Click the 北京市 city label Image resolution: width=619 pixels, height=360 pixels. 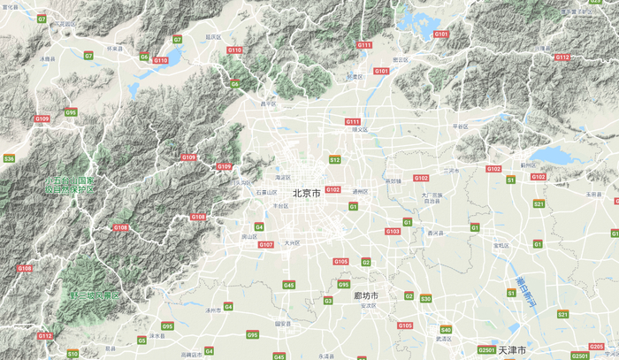point(306,193)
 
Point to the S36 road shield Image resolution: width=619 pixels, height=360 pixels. point(9,158)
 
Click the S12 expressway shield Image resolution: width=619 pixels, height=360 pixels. point(334,160)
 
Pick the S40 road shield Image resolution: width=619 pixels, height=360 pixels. point(446,330)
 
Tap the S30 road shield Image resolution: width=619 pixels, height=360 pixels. point(425,299)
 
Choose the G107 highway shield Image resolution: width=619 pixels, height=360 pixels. point(265,244)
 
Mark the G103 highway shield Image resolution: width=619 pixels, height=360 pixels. point(392,231)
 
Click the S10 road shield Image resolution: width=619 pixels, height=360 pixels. point(73,353)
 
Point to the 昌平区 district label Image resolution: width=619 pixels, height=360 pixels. point(267,103)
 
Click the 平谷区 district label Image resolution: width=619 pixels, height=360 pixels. point(460,126)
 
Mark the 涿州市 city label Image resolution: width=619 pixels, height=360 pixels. point(212,310)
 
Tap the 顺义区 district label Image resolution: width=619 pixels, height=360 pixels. point(360,129)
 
